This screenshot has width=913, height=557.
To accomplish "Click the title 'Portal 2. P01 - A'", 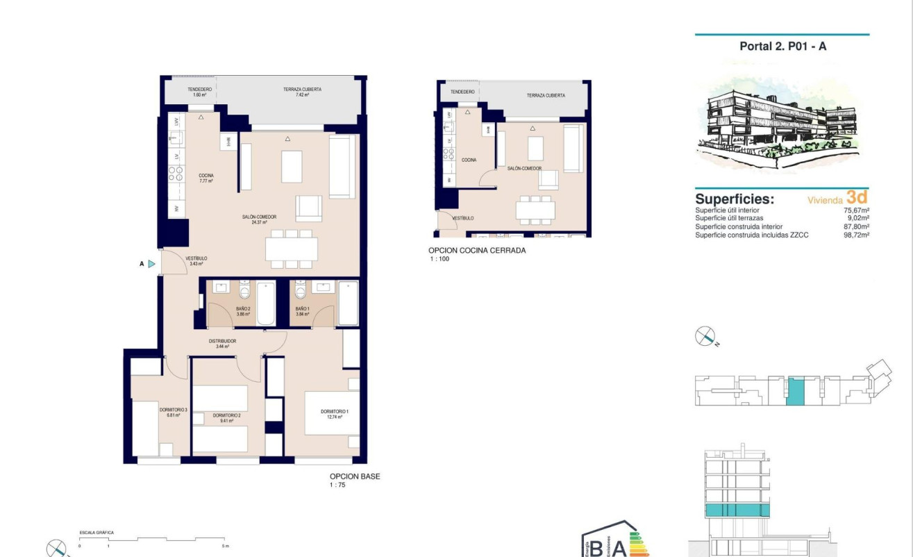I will [782, 47].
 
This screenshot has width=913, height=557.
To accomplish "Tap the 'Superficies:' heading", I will [735, 199].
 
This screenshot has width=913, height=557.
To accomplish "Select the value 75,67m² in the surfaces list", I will [857, 210].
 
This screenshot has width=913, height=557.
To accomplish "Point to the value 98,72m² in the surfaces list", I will [857, 235].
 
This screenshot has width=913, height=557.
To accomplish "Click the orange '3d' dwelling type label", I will [857, 197].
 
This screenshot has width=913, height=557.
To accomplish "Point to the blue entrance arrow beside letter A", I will [151, 264].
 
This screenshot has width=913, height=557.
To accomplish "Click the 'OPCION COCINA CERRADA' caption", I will [477, 251].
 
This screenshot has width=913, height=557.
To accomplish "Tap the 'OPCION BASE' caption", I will [355, 477].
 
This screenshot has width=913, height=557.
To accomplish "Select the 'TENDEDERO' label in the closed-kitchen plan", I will [462, 92].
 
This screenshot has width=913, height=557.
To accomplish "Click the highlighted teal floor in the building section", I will [737, 511].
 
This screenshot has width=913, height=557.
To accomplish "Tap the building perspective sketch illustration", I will [782, 125].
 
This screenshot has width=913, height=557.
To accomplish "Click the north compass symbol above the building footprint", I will [705, 337].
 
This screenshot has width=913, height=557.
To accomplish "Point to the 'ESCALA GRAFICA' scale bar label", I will [97, 533].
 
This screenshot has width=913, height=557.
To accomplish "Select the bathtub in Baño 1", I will [348, 303].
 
